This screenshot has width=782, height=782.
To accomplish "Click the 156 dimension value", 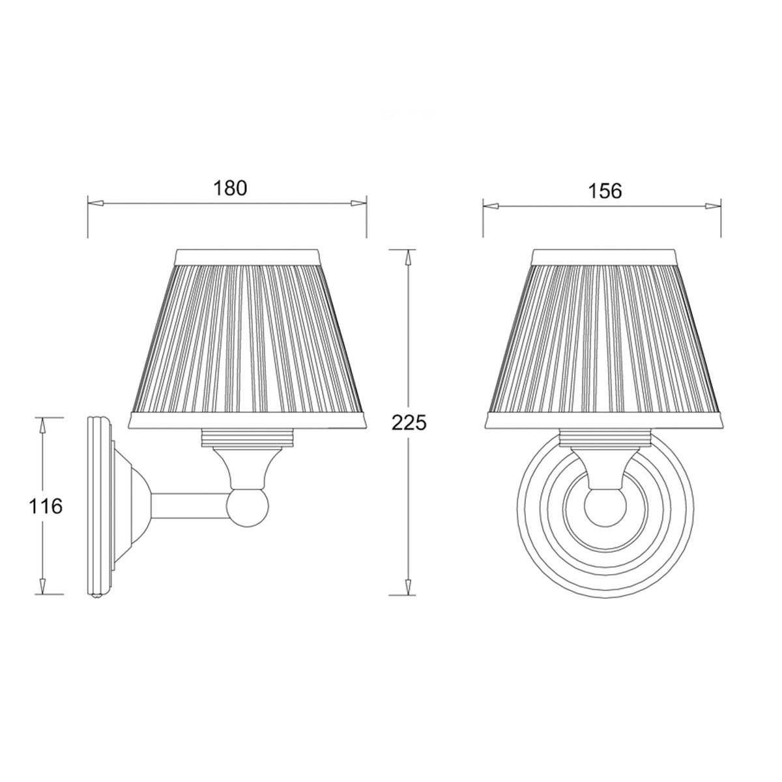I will point(605,190).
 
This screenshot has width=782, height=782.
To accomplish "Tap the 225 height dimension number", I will point(409,423).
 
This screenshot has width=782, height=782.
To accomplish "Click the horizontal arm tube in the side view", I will point(189,506).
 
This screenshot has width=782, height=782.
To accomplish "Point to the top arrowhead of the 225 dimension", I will point(409,257).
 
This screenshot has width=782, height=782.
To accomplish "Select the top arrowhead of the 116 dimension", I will point(43,425).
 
